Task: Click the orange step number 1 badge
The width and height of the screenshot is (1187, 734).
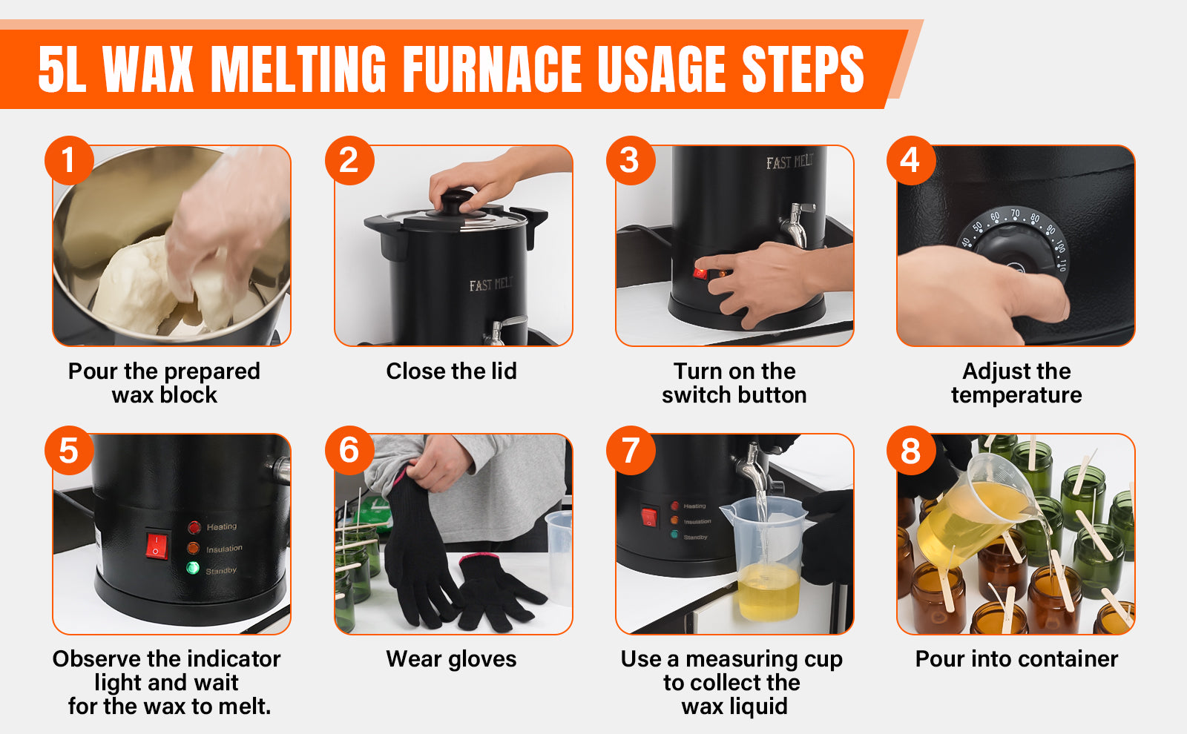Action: point(70,160)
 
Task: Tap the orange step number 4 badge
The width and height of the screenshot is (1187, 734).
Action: point(911,160)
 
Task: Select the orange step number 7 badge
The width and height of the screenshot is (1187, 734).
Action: point(631,450)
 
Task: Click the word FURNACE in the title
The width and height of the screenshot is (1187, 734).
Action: point(492,70)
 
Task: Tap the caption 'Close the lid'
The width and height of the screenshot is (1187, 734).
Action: point(451,371)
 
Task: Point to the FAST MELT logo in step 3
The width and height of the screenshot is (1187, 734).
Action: point(789,162)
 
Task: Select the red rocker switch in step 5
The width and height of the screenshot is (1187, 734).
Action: point(157,546)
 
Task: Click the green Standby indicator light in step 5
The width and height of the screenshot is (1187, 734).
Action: point(193,568)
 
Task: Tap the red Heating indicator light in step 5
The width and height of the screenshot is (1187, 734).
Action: point(194,527)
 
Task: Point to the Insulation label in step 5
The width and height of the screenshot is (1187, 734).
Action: point(224,549)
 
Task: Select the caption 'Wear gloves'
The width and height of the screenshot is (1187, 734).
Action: point(451,659)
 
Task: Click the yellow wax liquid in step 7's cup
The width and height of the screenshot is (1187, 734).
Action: point(769,590)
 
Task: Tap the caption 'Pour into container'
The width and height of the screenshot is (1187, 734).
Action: point(1016,659)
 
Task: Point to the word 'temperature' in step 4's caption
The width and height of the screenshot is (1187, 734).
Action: point(1016,396)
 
